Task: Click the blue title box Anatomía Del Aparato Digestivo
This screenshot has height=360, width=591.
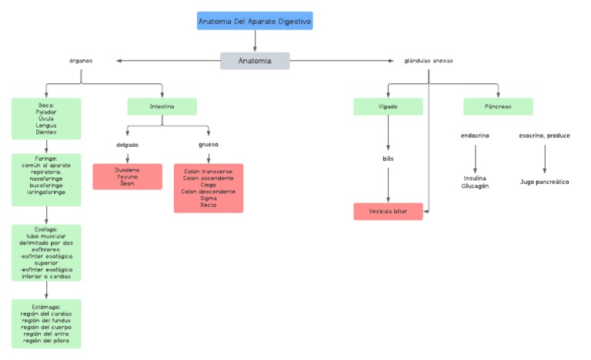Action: (255, 22)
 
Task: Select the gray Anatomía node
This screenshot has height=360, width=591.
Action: (255, 61)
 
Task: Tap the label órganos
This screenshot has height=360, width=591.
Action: (81, 61)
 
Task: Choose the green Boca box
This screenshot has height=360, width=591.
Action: (46, 118)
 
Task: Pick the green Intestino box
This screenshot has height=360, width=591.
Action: (162, 106)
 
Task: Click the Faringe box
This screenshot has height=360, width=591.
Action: (46, 180)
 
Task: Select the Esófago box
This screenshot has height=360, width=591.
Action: (46, 252)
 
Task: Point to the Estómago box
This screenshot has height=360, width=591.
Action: (46, 324)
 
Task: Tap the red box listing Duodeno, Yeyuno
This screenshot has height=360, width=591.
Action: (128, 176)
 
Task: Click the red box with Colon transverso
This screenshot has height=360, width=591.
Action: (209, 188)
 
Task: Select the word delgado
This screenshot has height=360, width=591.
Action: (128, 145)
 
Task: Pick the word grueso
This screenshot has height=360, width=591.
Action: (209, 145)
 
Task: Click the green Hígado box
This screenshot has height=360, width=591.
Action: (388, 106)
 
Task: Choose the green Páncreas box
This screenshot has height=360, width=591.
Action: (498, 106)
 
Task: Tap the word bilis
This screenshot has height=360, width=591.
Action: (388, 159)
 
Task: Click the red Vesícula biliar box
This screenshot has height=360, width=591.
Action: (388, 212)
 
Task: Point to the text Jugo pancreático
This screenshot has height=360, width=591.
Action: (545, 182)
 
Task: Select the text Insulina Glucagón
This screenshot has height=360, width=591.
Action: (475, 182)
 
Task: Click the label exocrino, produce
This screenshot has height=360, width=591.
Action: (545, 136)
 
